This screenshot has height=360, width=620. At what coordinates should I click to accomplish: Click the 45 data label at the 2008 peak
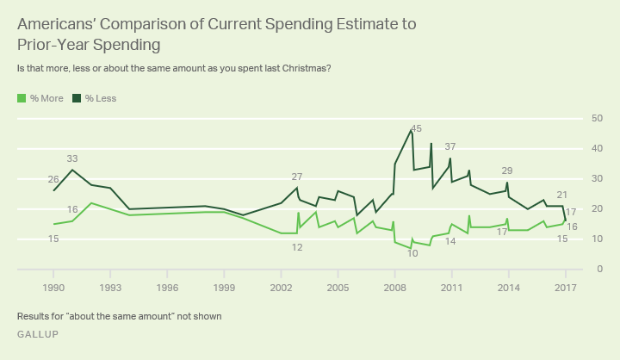(416, 129)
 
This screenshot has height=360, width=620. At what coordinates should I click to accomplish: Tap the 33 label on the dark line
(72, 158)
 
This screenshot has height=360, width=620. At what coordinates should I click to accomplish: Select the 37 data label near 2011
(450, 146)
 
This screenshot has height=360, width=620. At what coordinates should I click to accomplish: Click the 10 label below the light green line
(412, 253)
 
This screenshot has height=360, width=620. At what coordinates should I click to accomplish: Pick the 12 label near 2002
(297, 246)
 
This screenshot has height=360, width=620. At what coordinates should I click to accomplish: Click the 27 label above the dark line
(297, 177)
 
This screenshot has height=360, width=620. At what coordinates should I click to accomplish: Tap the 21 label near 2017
(562, 195)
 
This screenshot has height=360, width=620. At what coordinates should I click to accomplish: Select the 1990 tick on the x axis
(54, 287)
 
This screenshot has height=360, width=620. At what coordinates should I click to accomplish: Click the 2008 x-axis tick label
(394, 287)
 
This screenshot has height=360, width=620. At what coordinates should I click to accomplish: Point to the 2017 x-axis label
(565, 287)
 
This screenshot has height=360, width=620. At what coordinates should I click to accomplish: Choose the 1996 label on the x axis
(167, 287)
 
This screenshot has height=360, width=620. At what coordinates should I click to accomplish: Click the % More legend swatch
(22, 98)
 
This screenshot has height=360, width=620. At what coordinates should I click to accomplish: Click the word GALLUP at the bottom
(38, 334)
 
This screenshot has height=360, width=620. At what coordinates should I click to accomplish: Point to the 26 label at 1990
(53, 179)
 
